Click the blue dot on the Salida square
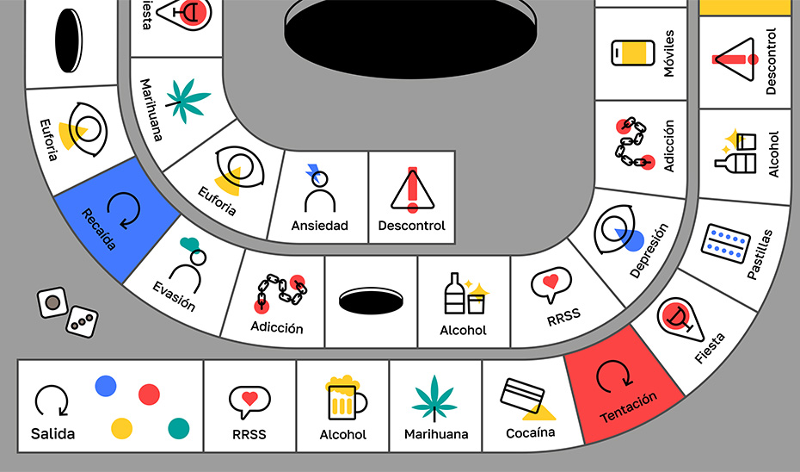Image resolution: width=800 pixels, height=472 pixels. pyautogui.click(x=106, y=386)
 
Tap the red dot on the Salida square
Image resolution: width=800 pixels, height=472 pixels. pyautogui.click(x=149, y=395)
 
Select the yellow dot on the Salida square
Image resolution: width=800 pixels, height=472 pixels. pyautogui.click(x=122, y=428)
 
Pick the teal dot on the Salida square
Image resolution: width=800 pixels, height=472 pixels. pyautogui.click(x=178, y=427)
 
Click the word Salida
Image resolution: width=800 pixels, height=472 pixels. pyautogui.click(x=52, y=433)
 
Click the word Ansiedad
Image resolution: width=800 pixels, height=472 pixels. pyautogui.click(x=319, y=226)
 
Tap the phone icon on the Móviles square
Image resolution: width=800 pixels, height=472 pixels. pyautogui.click(x=629, y=52)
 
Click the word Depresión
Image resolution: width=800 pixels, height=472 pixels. pyautogui.click(x=649, y=251)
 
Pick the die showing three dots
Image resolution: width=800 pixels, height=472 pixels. pyautogui.click(x=83, y=321)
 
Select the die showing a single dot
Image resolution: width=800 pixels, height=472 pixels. pyautogui.click(x=52, y=302)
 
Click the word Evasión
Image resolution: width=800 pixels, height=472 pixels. pyautogui.click(x=175, y=295)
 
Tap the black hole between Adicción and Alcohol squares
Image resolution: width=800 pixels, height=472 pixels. pyautogui.click(x=371, y=301)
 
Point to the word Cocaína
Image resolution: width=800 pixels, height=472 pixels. pyautogui.click(x=531, y=432)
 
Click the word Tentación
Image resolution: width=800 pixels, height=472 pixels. pyautogui.click(x=629, y=407)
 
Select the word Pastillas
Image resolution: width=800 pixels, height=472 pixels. pyautogui.click(x=760, y=255)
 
